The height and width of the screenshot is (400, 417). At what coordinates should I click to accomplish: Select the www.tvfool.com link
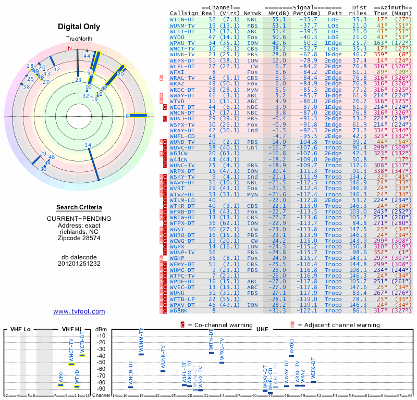click(79, 311)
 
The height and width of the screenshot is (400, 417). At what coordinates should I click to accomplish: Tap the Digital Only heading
click(79, 26)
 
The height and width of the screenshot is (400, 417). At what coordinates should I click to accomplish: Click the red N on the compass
click(69, 48)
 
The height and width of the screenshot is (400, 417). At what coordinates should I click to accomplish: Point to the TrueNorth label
click(79, 40)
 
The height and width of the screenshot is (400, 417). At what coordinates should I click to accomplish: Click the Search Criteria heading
click(79, 207)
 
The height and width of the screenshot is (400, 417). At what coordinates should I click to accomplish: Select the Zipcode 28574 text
click(79, 238)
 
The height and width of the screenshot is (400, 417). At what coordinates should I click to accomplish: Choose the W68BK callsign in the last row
click(180, 310)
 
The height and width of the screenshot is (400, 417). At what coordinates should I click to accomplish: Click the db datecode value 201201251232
click(79, 263)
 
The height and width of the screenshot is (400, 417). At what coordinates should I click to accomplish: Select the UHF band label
click(263, 329)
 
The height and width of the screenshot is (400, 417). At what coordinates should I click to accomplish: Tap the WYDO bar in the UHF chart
click(291, 356)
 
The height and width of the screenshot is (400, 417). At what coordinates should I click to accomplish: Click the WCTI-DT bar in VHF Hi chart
click(82, 355)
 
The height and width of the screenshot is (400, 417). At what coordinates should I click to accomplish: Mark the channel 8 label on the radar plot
click(127, 116)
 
